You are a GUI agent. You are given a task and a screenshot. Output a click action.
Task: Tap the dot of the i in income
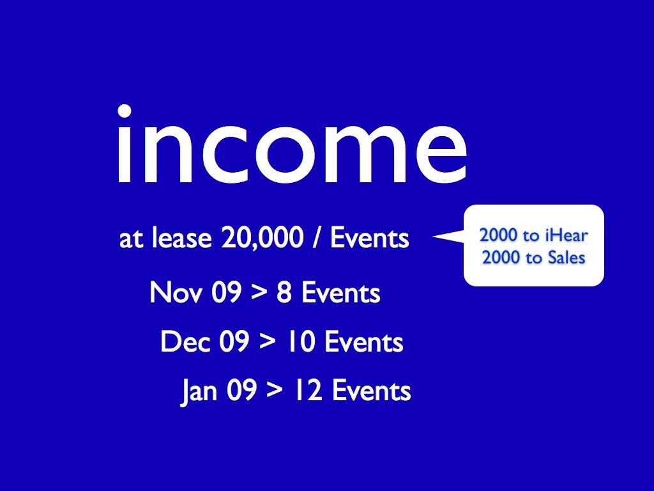(125, 111)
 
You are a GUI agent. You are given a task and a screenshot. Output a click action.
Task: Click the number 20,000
(262, 238)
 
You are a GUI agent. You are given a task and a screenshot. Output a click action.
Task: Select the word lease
(181, 238)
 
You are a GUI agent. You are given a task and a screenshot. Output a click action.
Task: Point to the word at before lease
(132, 240)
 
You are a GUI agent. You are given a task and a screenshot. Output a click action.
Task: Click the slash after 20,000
(317, 238)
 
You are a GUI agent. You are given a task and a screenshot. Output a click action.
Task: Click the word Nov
(176, 292)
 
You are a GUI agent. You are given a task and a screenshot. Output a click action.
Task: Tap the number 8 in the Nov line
(284, 292)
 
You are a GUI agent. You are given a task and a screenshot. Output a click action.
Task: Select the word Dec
(185, 341)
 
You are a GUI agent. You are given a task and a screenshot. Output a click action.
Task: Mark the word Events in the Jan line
(371, 391)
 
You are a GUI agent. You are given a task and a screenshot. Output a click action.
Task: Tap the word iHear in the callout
(566, 236)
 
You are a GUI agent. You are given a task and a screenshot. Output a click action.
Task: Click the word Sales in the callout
(566, 258)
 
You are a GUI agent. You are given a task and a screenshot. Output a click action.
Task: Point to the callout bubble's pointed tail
(434, 237)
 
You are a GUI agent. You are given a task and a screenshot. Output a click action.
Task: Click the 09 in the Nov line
(226, 292)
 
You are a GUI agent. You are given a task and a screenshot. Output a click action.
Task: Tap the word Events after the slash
(370, 238)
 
